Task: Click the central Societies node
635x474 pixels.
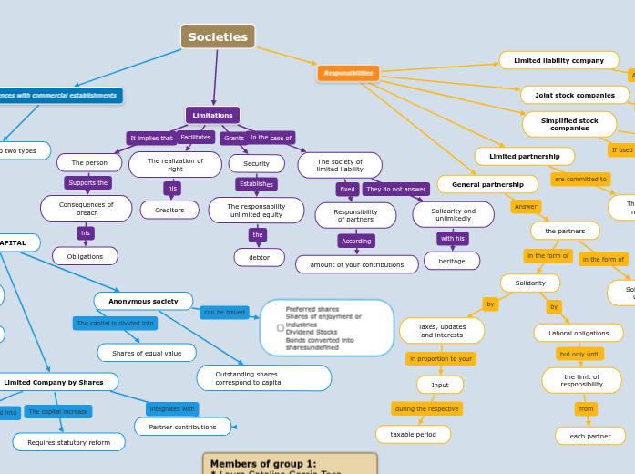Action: click(x=218, y=37)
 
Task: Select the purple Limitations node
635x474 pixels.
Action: click(x=212, y=115)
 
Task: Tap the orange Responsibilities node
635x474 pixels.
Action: click(x=348, y=73)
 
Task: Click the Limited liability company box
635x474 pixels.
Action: click(x=558, y=60)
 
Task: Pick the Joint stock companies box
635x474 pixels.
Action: click(x=574, y=95)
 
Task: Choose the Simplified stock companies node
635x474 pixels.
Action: click(x=569, y=124)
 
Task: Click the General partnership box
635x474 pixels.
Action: click(x=487, y=184)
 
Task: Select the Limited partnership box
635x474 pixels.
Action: click(x=524, y=156)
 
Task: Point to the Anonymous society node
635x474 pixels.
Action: click(x=143, y=301)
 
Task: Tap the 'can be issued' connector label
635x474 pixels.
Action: click(x=224, y=312)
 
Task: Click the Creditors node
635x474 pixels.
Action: click(x=169, y=210)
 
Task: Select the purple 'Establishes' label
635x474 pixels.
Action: click(x=256, y=184)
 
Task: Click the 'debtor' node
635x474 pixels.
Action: click(x=259, y=257)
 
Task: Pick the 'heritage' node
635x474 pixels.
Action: click(x=451, y=261)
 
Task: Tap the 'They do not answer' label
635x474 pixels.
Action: click(x=395, y=190)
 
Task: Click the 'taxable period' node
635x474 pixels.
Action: click(x=413, y=434)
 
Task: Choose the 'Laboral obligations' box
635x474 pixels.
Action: click(x=579, y=333)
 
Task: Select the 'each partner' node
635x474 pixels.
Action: click(x=589, y=436)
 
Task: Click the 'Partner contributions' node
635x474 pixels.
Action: click(x=182, y=427)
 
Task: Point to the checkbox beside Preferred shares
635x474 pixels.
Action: click(x=280, y=327)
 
